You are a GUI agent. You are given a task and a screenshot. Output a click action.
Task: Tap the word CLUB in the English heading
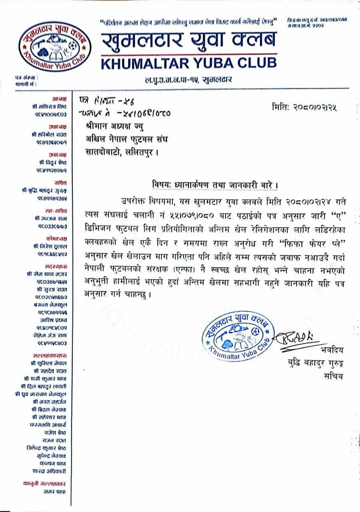255,63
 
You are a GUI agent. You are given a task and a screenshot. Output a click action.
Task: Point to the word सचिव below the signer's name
333,377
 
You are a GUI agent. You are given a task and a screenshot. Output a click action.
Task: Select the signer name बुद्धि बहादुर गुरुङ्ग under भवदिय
312,364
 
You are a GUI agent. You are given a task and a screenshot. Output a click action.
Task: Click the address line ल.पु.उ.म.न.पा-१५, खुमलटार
188,80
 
